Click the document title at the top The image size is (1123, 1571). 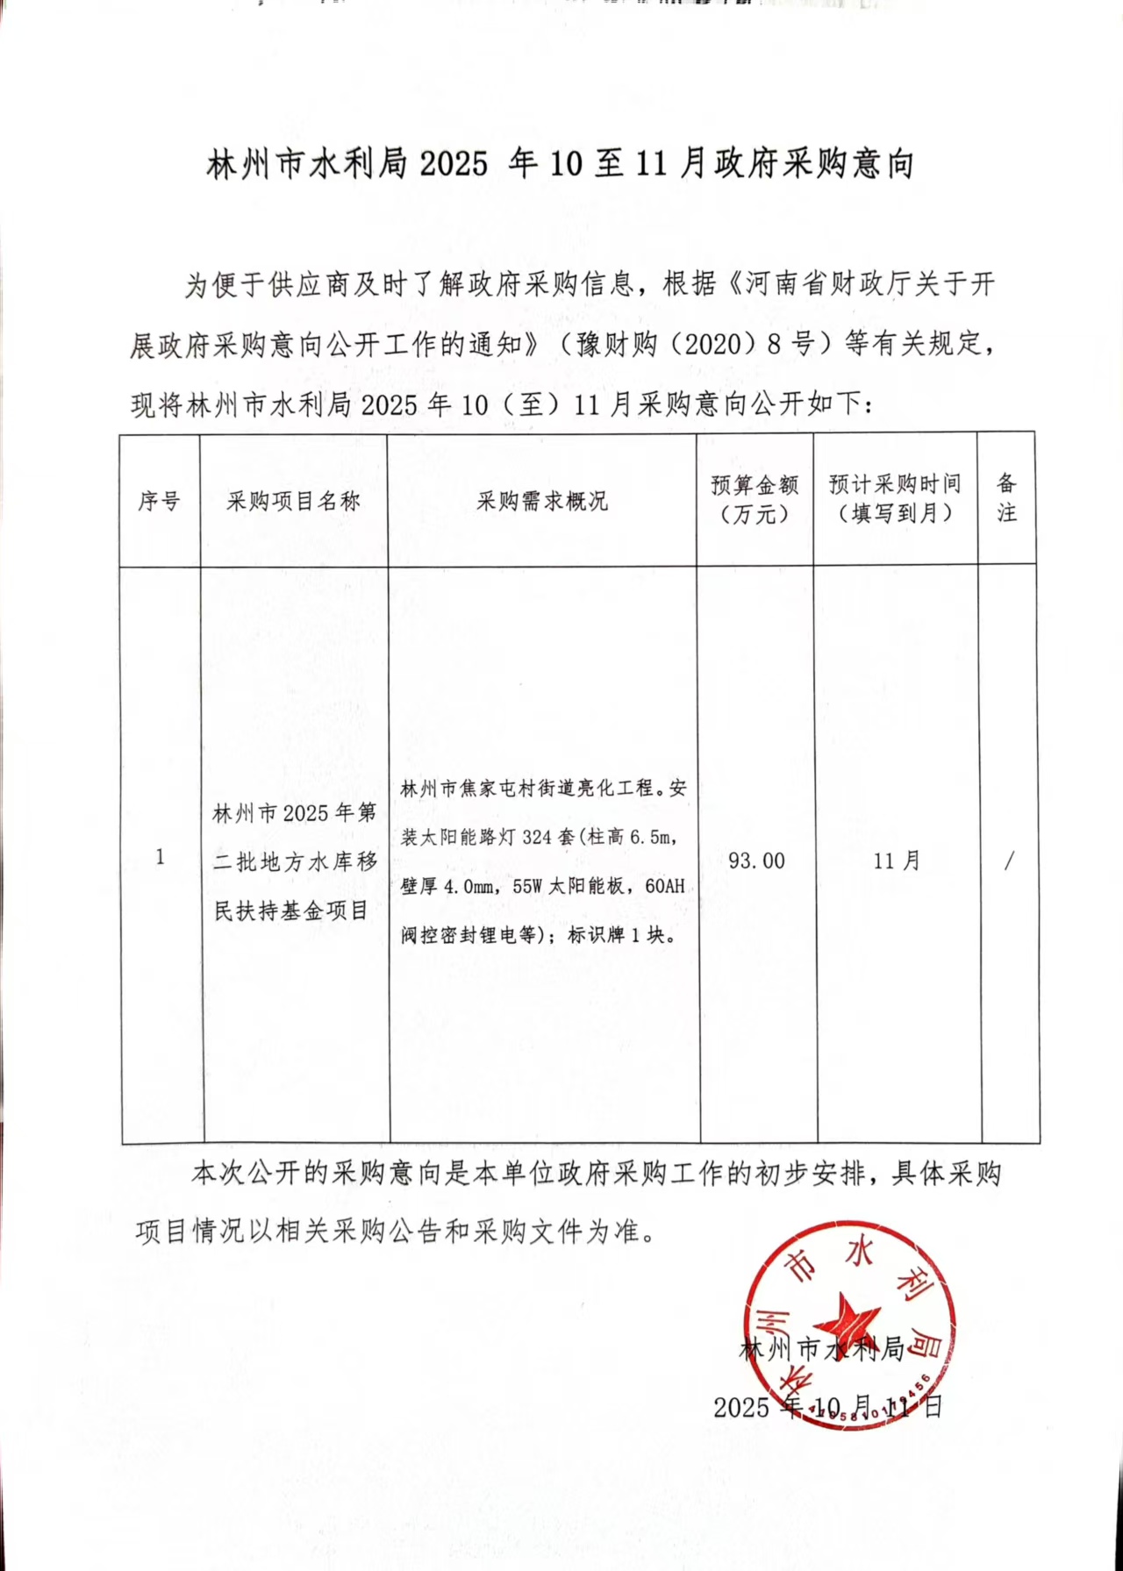[x=560, y=164]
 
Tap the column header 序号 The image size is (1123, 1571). [x=159, y=501]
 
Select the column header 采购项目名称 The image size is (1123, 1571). [x=293, y=501]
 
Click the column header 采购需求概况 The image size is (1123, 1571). [x=541, y=501]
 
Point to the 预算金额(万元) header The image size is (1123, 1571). [x=755, y=499]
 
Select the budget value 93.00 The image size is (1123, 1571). [x=756, y=860]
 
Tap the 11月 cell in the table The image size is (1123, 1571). [x=896, y=860]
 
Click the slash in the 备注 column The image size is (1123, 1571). [x=1009, y=860]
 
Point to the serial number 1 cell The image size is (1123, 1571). [x=160, y=857]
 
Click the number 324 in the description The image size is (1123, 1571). [x=536, y=837]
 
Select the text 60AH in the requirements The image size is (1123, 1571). [x=664, y=886]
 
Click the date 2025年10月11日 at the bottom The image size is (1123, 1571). [x=827, y=1407]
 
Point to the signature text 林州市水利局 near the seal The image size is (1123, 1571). [x=821, y=1348]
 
